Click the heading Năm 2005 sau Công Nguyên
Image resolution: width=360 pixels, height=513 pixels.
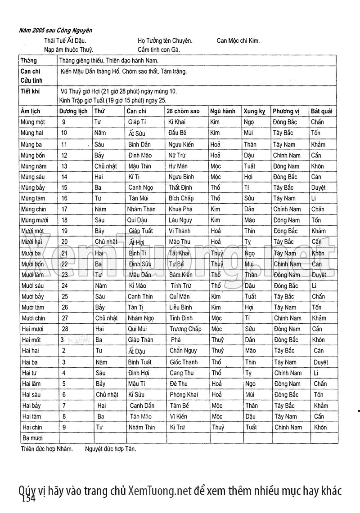tap(56, 31)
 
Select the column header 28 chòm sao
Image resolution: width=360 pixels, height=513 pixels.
tap(183, 111)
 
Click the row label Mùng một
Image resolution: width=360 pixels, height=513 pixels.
tap(33, 122)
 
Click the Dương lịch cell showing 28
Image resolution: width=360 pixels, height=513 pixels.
tap(65, 329)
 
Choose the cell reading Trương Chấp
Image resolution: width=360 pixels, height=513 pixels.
tap(185, 329)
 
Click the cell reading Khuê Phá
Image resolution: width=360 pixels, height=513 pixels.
tap(180, 209)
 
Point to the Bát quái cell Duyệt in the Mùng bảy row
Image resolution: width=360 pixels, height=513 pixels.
tap(318, 187)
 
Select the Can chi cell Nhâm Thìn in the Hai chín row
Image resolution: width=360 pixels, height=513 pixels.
tap(141, 427)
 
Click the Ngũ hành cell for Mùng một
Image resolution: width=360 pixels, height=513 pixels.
tap(215, 122)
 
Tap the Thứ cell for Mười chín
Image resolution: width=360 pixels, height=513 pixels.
tap(106, 318)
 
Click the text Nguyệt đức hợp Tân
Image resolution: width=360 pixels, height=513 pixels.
tap(110, 448)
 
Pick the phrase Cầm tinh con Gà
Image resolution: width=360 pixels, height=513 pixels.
tap(159, 49)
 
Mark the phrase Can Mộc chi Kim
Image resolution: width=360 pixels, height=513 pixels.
tap(238, 40)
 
